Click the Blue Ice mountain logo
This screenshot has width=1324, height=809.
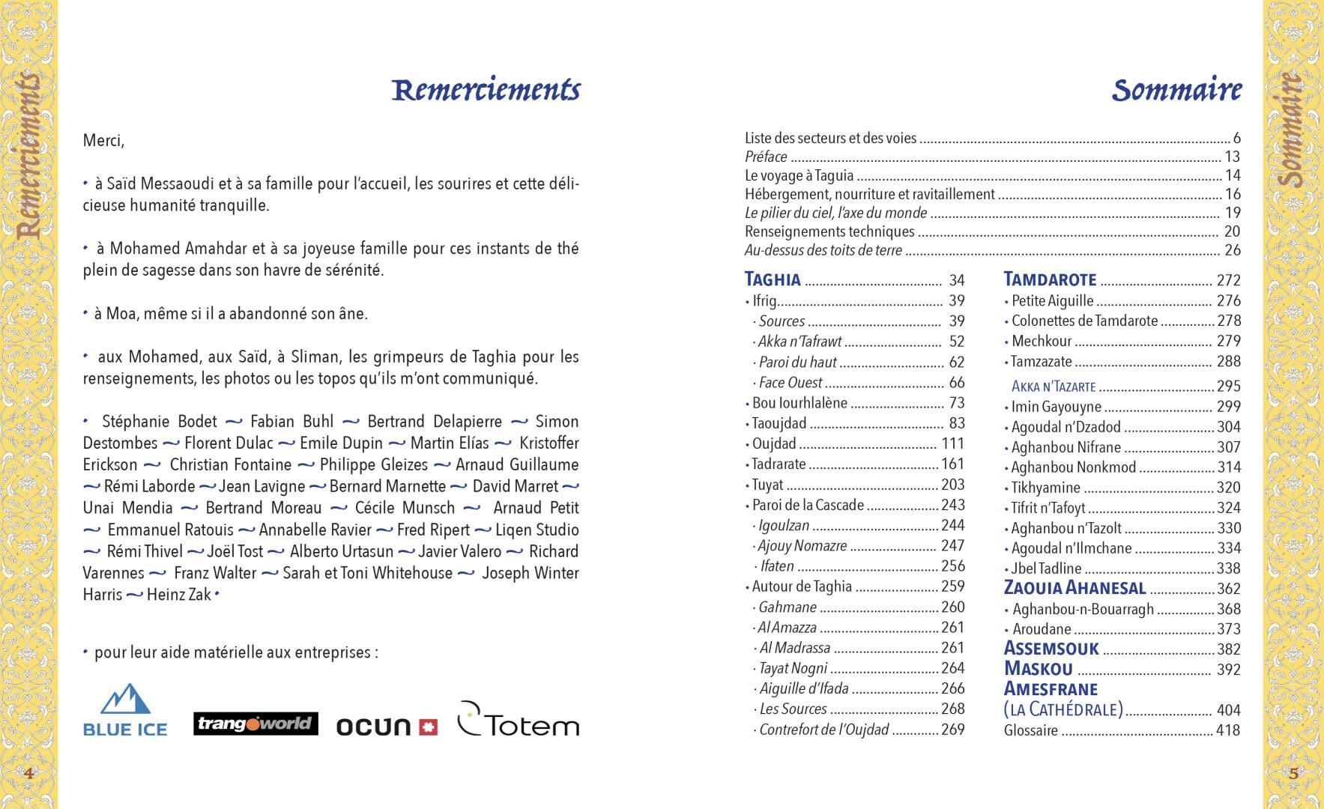(x=125, y=709)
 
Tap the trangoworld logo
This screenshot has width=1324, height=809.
(x=256, y=724)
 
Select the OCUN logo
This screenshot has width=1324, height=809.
(x=386, y=726)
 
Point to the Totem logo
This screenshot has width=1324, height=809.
(x=518, y=720)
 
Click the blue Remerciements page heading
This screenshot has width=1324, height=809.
(x=486, y=90)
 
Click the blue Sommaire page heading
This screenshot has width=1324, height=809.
(x=1176, y=90)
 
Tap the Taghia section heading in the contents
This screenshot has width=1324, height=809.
(x=773, y=280)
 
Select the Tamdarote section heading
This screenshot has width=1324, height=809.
(x=1050, y=280)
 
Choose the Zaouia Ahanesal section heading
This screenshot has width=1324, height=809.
(x=1074, y=588)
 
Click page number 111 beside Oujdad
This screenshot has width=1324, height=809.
(x=952, y=443)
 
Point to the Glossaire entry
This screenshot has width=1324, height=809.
(x=1031, y=730)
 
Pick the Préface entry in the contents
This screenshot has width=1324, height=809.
(x=766, y=157)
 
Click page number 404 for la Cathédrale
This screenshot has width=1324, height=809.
(x=1228, y=710)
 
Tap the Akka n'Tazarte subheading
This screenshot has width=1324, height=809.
(x=1054, y=387)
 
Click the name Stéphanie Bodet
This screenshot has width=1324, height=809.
(x=160, y=422)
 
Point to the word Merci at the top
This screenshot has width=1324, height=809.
(x=103, y=141)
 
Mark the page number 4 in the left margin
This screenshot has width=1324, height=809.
(x=28, y=773)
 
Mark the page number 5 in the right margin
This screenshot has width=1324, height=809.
(x=1293, y=773)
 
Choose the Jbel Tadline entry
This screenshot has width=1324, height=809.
(x=1046, y=569)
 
